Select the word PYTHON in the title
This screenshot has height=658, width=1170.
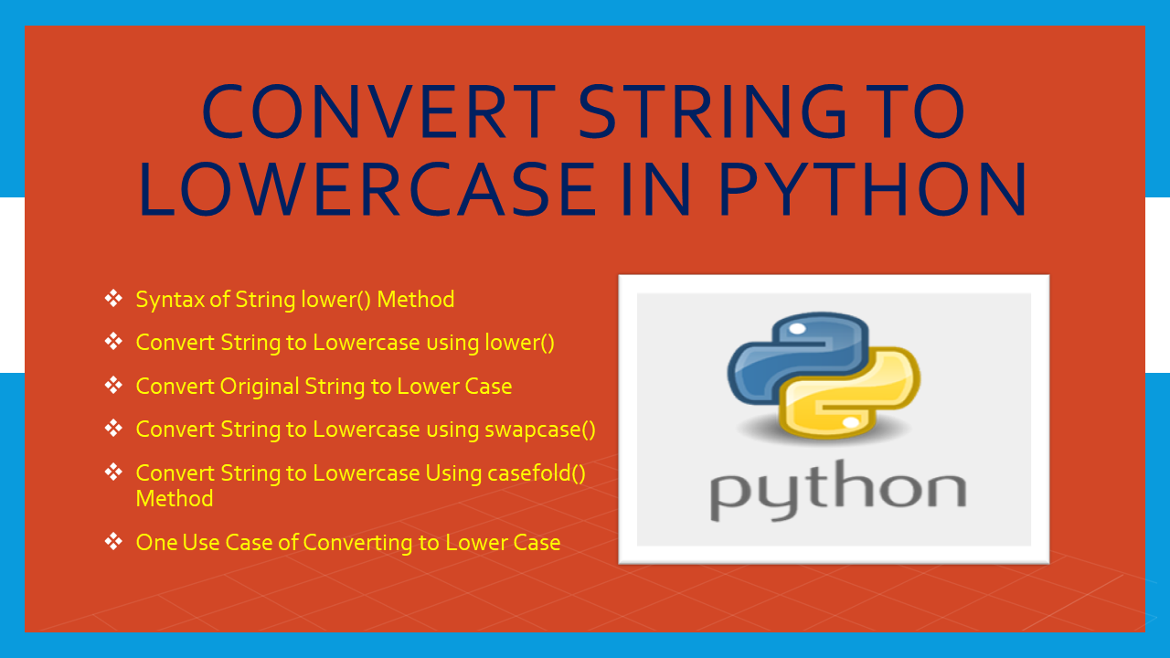tap(873, 189)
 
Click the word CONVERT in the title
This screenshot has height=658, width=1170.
tap(378, 111)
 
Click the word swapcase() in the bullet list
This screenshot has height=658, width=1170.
tap(540, 430)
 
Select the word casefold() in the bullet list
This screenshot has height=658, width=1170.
tap(537, 473)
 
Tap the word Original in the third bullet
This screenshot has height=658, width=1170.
tap(259, 387)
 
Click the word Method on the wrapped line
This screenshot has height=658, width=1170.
tap(175, 499)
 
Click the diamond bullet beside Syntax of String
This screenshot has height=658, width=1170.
tap(113, 299)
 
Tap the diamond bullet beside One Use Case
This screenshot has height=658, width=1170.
tap(113, 542)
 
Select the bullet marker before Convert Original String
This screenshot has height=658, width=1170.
tap(113, 386)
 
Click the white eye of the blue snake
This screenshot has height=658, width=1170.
tap(797, 329)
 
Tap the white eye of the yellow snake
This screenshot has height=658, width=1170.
tap(851, 422)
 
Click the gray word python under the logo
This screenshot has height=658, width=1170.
tap(838, 490)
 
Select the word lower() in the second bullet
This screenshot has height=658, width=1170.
tap(520, 343)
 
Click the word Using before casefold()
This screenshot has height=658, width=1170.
tap(453, 474)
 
